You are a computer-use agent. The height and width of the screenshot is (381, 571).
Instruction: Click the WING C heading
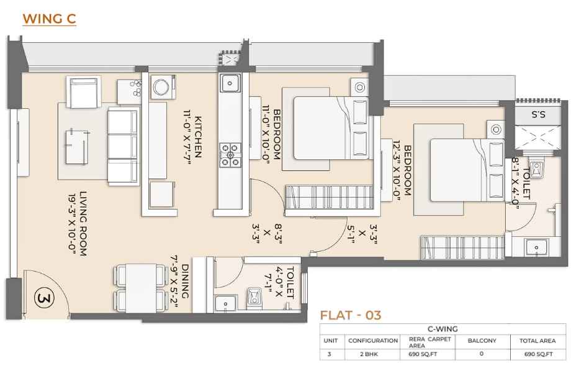click(x=49, y=19)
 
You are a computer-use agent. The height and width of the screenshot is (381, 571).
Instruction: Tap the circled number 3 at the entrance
click(x=44, y=298)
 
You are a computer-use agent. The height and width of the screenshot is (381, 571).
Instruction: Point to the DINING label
click(x=185, y=281)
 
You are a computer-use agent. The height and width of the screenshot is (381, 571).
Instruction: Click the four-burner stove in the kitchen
click(x=230, y=155)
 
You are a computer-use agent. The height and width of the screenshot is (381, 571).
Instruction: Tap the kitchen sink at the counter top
click(x=230, y=83)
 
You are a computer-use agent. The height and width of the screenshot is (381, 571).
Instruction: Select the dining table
click(x=140, y=288)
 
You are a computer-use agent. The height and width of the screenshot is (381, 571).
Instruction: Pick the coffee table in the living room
click(x=77, y=147)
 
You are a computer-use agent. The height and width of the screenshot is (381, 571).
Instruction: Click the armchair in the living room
click(x=83, y=92)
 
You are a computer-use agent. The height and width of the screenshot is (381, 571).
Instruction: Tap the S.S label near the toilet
click(x=538, y=115)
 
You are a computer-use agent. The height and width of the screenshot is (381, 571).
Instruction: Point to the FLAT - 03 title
click(x=350, y=315)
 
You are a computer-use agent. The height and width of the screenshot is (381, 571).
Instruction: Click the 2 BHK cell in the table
click(x=372, y=354)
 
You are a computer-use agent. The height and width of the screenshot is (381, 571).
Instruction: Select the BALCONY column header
click(x=482, y=341)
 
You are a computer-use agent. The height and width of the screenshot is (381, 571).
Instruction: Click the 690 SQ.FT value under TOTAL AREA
click(x=538, y=354)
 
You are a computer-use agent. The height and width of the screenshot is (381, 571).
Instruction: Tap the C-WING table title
click(x=443, y=329)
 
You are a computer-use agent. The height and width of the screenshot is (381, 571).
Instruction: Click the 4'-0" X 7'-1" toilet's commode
click(x=255, y=296)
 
